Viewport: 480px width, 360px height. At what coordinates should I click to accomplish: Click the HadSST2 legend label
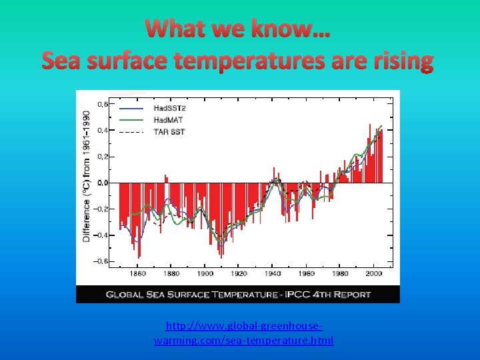[x=169, y=108]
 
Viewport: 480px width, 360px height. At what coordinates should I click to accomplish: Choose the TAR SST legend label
[x=169, y=131]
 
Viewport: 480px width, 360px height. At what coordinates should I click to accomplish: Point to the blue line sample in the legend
[x=131, y=108]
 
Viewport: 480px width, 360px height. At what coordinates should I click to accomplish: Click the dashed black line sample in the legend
[x=131, y=132]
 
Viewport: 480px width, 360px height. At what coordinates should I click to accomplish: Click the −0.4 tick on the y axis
[x=102, y=235]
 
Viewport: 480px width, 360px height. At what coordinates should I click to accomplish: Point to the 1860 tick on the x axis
[x=137, y=273]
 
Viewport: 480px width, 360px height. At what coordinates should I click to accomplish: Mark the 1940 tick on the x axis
[x=273, y=273]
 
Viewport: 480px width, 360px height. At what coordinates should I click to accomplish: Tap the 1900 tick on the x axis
[x=205, y=273]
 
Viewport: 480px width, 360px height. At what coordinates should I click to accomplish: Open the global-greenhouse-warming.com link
[x=243, y=333]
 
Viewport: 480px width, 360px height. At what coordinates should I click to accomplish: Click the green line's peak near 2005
[x=381, y=126]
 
